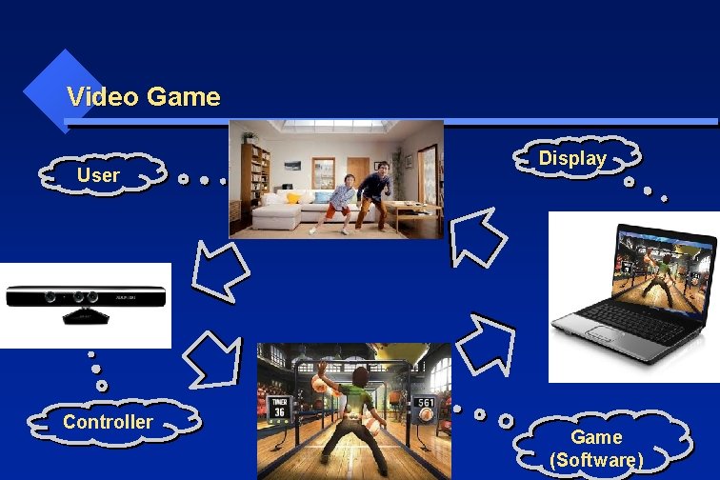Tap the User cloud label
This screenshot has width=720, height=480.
pyautogui.click(x=98, y=175)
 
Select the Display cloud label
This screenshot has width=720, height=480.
pyautogui.click(x=572, y=159)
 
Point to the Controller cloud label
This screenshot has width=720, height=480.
pyautogui.click(x=108, y=422)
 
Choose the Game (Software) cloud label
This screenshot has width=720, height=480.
pyautogui.click(x=597, y=449)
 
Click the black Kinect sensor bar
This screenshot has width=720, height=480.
pyautogui.click(x=86, y=297)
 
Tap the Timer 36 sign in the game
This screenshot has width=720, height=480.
pyautogui.click(x=278, y=407)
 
